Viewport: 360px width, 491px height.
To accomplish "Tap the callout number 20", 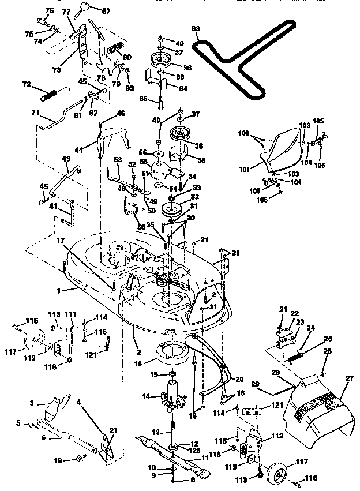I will click(x=239, y=379).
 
